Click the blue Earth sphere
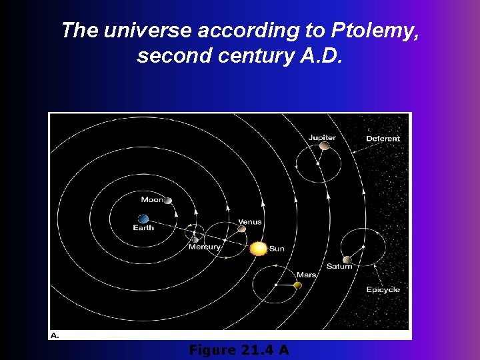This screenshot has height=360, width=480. [143, 219]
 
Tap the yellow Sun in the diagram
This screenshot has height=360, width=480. [259, 249]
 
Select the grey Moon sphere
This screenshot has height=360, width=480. [168, 201]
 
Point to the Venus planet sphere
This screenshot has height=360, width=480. [242, 229]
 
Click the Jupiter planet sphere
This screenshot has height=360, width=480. [324, 145]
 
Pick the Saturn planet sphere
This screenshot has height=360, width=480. [347, 259]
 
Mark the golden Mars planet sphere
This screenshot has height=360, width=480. [297, 285]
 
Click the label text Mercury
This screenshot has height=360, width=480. [205, 247]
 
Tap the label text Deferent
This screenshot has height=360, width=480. [383, 139]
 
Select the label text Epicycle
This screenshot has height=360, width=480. [383, 289]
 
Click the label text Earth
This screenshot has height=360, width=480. [143, 228]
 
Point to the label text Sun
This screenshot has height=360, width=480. [277, 249]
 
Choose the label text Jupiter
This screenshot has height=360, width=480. [322, 137]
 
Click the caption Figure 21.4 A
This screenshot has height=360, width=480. [239, 350]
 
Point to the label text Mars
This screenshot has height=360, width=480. [306, 275]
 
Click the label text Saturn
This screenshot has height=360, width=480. [339, 267]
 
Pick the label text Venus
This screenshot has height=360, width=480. [250, 222]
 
